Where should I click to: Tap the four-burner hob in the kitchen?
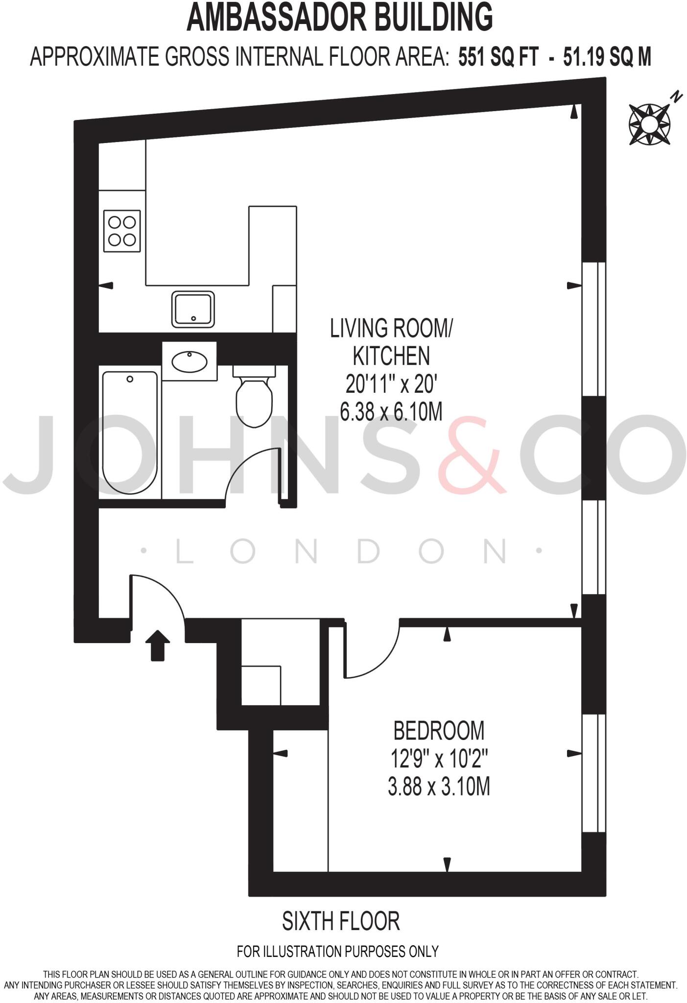[x=122, y=231]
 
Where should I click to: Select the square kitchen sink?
[x=193, y=309]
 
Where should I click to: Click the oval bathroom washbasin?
[x=190, y=361]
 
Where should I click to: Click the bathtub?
[x=130, y=432]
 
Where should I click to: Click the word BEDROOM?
[x=439, y=731]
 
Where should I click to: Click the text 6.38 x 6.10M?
[x=391, y=412]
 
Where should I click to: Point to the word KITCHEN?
[x=391, y=356]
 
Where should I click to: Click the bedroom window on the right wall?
[x=593, y=773]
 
